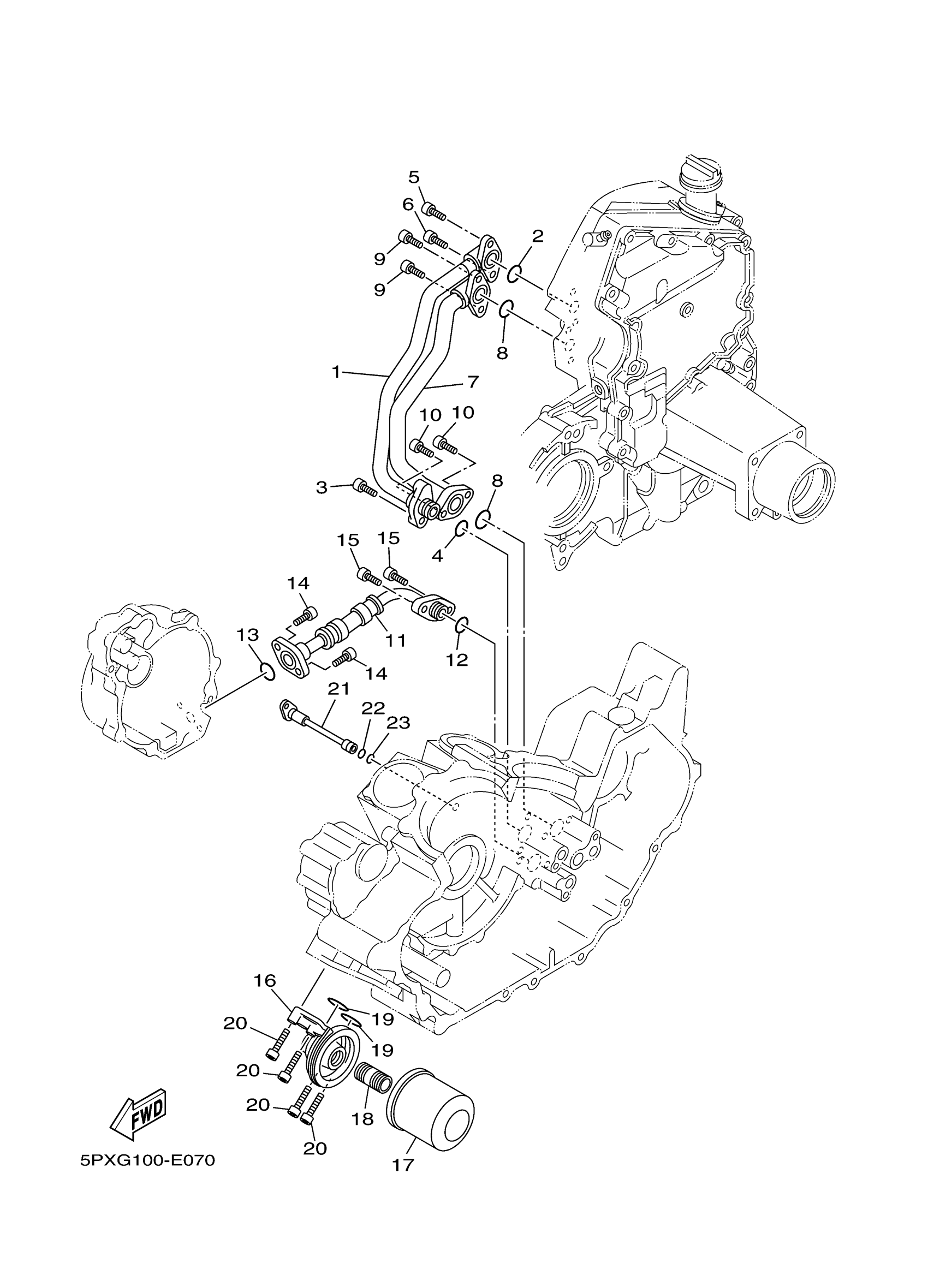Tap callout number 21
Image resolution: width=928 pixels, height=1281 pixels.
[x=338, y=688]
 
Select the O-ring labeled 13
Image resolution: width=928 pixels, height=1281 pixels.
[x=268, y=671]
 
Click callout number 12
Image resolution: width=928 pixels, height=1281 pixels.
[x=456, y=659]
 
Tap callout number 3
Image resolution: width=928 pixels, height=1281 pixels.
[x=322, y=487]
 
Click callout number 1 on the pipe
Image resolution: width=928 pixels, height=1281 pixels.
[x=336, y=372]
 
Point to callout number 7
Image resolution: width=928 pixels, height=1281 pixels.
[x=472, y=382]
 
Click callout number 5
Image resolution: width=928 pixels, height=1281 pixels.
[x=414, y=177]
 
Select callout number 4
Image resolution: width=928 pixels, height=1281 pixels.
[x=437, y=556]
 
